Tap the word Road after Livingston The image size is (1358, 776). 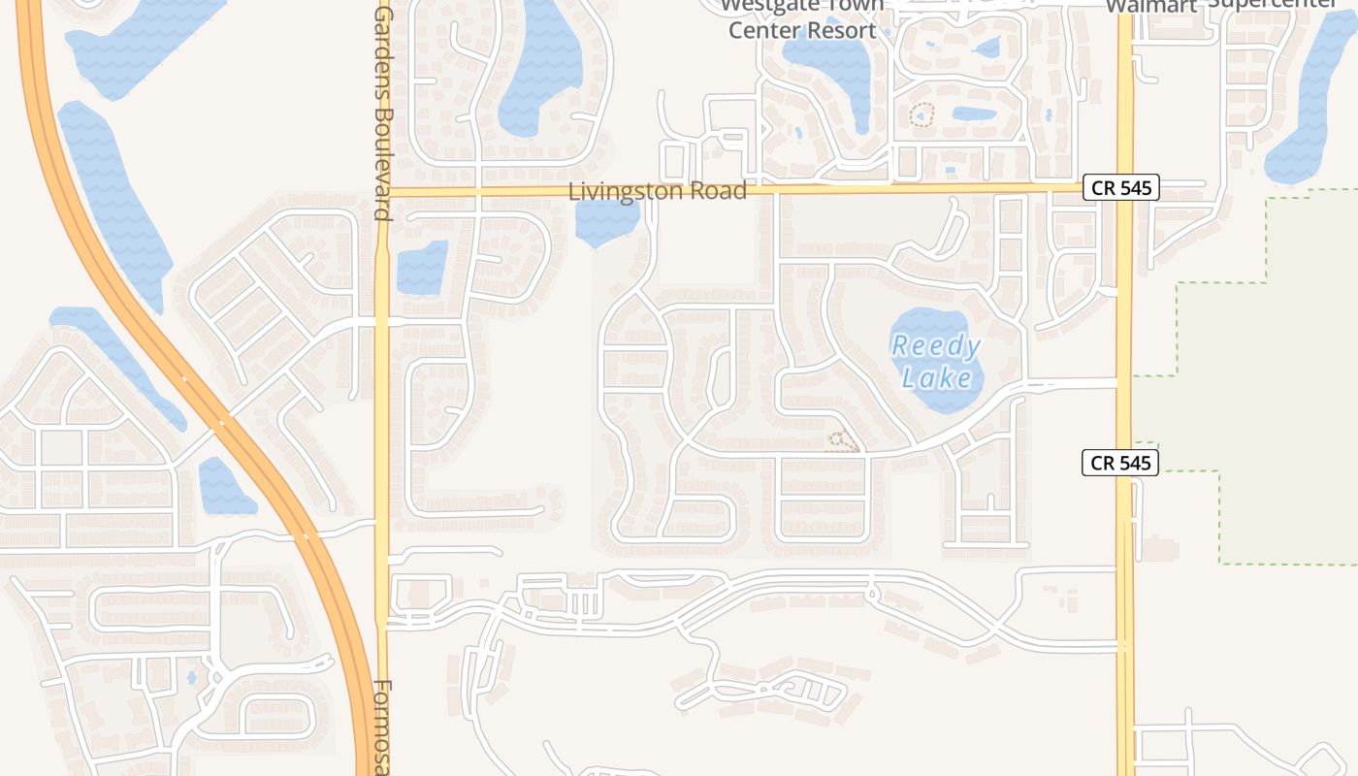[720, 191]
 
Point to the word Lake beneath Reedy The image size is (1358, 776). [936, 376]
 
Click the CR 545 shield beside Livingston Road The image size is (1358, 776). [1120, 187]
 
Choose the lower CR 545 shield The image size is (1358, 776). [1120, 463]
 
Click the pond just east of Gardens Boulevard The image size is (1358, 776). [422, 267]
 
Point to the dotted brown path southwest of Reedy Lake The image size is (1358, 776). [843, 442]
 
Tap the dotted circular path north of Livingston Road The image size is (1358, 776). [921, 115]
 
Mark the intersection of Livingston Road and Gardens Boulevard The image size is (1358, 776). [382, 192]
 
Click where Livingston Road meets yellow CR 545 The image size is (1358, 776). [1125, 187]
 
